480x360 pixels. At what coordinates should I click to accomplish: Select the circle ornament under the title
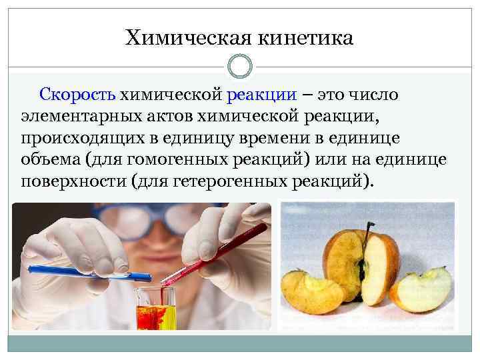(240, 67)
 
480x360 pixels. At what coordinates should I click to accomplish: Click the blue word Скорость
(79, 95)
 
